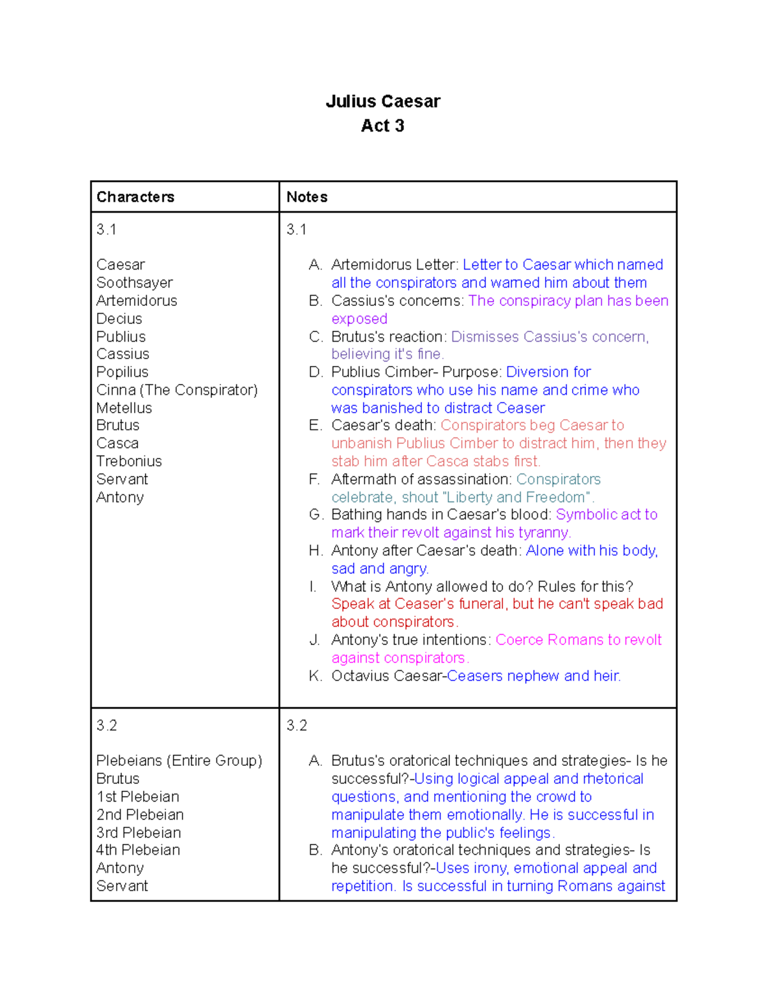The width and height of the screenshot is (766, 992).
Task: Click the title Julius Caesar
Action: tap(382, 102)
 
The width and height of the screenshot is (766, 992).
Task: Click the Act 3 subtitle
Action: tap(382, 126)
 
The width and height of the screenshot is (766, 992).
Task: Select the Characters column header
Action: tap(135, 197)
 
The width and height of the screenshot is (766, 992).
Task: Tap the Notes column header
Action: tap(307, 197)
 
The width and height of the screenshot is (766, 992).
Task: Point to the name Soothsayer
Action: tap(135, 282)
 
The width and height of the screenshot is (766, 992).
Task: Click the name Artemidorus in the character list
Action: tap(137, 300)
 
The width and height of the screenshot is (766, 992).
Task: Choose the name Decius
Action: tap(119, 318)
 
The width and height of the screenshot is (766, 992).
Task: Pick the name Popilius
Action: tap(123, 372)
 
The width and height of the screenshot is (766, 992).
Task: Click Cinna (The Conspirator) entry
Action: tap(177, 390)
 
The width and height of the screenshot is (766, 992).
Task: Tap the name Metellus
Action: tap(124, 408)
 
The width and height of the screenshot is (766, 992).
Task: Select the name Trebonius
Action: tap(129, 461)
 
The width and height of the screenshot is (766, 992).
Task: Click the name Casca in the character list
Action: tap(117, 443)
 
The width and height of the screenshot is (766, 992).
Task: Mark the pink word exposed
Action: tap(359, 319)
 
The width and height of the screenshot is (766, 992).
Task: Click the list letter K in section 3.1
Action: tap(315, 676)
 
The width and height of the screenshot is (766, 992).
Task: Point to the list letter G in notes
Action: tap(315, 515)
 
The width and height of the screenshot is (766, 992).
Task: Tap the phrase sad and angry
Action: tap(380, 568)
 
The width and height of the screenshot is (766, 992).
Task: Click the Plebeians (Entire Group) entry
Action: tap(179, 761)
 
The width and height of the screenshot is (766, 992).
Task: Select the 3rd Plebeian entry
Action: tap(139, 832)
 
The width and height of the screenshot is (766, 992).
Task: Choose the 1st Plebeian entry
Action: tap(138, 797)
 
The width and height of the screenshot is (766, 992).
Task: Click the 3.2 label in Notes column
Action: tap(297, 725)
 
